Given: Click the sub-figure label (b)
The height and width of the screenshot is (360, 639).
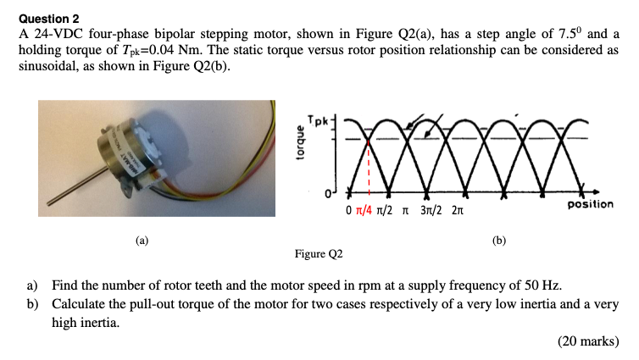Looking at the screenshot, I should pyautogui.click(x=499, y=241).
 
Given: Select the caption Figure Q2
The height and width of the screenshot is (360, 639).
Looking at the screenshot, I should pyautogui.click(x=319, y=253).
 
